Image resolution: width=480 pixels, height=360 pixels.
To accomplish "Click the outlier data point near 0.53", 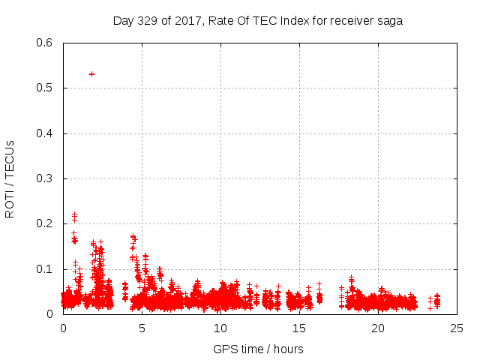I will pos(91,74).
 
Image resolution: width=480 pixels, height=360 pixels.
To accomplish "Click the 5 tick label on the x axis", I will pos(142,328).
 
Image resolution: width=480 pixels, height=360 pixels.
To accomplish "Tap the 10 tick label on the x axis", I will pos(220,328).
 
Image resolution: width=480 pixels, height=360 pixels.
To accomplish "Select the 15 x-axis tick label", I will pos(299,328).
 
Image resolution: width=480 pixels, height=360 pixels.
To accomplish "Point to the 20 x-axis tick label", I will pos(378,328).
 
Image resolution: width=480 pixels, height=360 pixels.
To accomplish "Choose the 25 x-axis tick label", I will pos(457,328).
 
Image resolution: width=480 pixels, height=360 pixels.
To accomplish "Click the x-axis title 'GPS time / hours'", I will pos(258,349).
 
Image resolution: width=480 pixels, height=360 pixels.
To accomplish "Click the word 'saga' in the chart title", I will pos(390,21).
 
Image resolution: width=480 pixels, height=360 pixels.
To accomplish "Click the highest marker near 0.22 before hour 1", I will pos(74,214).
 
